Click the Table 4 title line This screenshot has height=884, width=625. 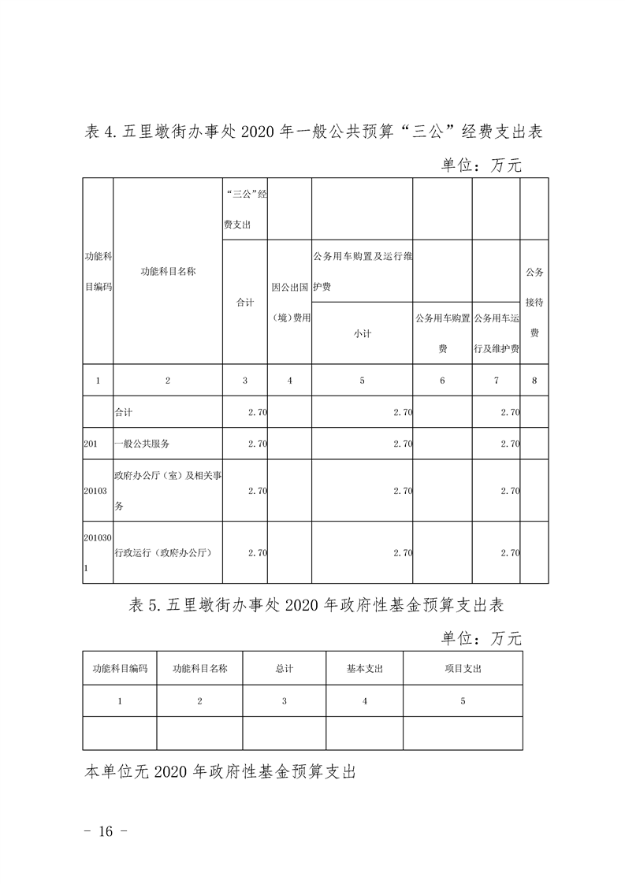point(313,132)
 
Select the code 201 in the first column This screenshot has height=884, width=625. point(90,444)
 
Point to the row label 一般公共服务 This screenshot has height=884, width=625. point(142,444)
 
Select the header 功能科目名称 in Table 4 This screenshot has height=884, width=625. point(168,271)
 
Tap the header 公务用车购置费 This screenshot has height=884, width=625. point(442,333)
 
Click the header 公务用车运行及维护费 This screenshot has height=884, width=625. point(497,333)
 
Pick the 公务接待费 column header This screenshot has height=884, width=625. point(534,303)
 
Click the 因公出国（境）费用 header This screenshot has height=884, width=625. point(290,303)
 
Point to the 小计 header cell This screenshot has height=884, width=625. point(362,333)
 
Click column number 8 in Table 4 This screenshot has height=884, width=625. point(534,381)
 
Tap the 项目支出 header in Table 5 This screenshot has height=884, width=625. point(463,668)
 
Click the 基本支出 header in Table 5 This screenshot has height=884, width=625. point(365,668)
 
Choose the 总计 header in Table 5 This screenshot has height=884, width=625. point(285,668)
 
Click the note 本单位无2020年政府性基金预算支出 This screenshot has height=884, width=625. point(220,771)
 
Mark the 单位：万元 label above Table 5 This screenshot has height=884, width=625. point(481,637)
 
